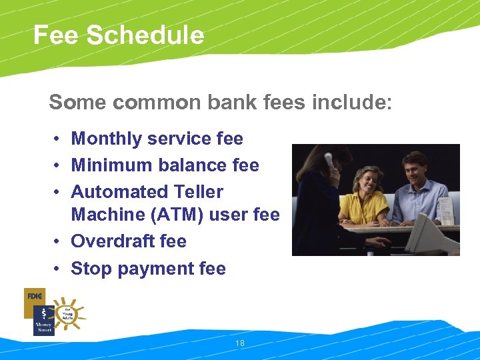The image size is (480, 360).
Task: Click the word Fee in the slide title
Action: point(55,35)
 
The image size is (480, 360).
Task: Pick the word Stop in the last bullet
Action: point(90,269)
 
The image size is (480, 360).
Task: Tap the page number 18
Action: point(240,343)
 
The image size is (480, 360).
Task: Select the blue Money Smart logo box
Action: point(43,321)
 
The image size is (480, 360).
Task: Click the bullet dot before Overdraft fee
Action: point(59,241)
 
